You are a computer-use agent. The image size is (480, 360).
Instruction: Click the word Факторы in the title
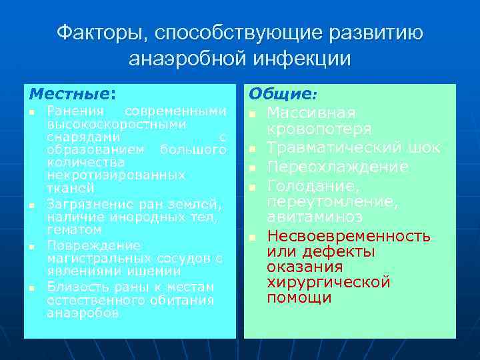point(97,33)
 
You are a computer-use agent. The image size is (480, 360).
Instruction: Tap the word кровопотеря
point(319,129)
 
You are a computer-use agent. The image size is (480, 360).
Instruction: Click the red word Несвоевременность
point(349,236)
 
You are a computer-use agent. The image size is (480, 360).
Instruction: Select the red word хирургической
point(329,282)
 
